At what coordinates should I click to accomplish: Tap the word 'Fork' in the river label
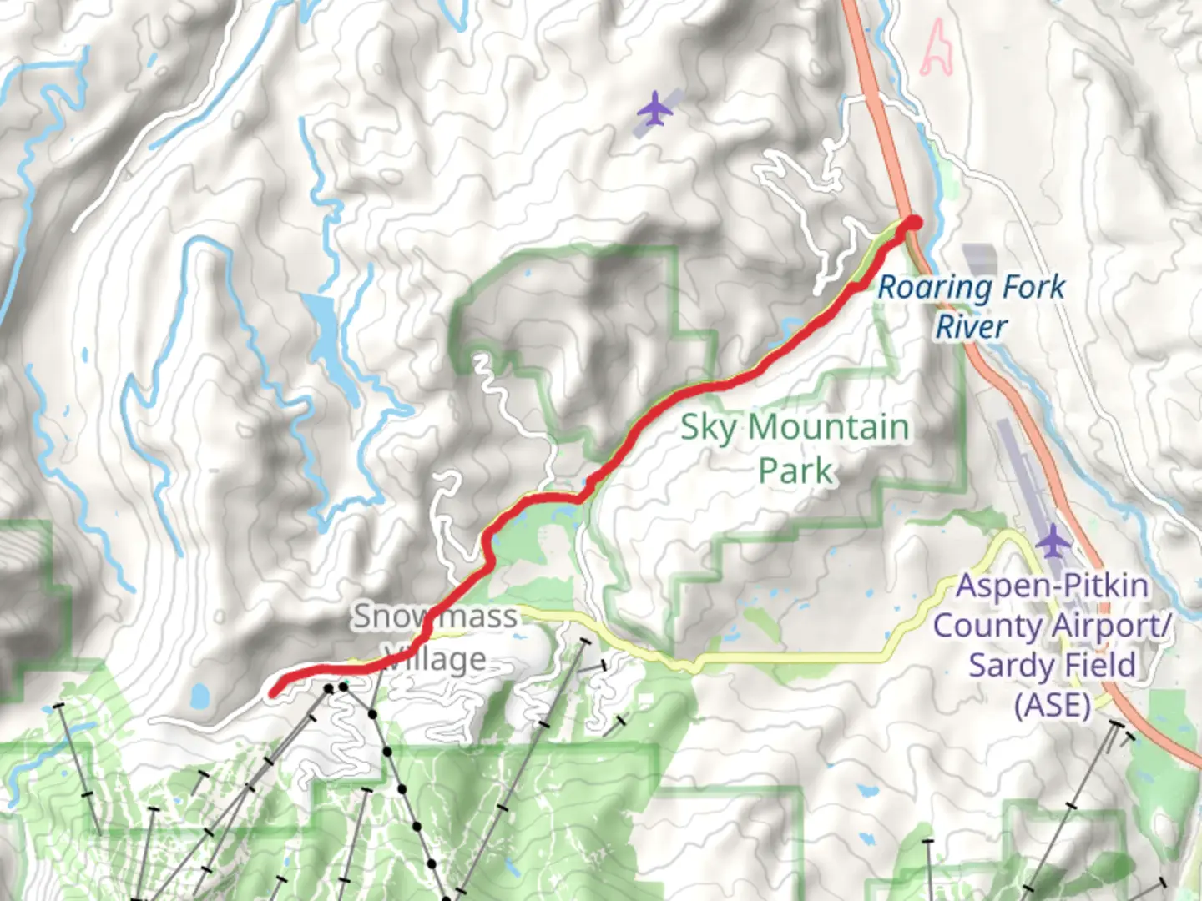point(1033,288)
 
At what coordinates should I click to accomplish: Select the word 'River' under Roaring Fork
point(971,327)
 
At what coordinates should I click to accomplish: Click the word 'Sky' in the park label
point(709,428)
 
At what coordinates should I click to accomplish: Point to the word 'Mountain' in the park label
point(828,428)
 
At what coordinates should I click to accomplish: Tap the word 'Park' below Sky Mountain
point(795,471)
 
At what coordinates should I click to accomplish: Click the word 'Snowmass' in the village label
point(434,617)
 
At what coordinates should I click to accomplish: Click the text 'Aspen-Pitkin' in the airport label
point(1052,586)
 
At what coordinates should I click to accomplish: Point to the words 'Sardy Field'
point(1052,666)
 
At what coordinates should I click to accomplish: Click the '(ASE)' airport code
point(1052,706)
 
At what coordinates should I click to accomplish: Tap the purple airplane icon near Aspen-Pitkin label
point(1054,542)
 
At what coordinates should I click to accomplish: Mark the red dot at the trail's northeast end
point(914,223)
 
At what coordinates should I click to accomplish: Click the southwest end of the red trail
point(274,692)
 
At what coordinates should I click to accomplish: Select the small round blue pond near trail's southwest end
point(200,695)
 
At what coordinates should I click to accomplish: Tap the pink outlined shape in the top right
point(937,48)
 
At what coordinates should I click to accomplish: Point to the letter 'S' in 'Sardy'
point(978,666)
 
